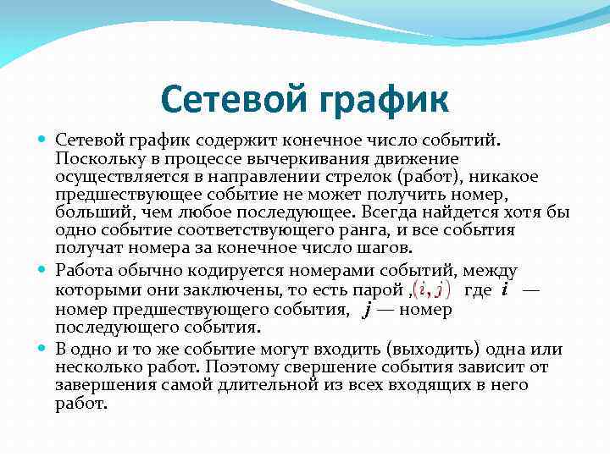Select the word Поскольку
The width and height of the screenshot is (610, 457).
tap(94, 158)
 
